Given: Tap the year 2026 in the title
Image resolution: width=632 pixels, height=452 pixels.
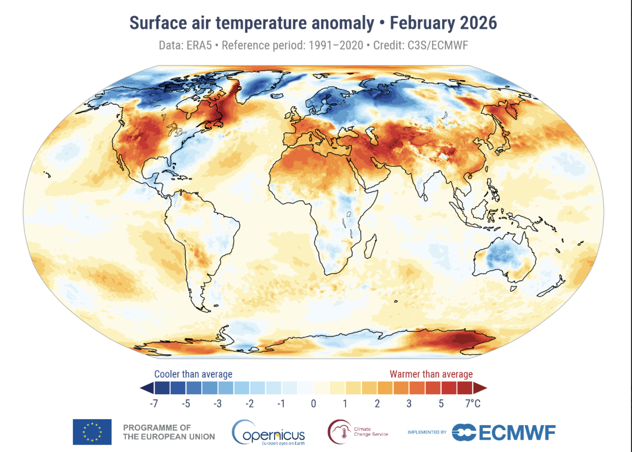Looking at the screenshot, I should (478, 23).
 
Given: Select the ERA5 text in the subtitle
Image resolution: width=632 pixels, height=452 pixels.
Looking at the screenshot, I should (199, 45).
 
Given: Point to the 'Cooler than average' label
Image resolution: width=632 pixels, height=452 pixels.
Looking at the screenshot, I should (193, 374).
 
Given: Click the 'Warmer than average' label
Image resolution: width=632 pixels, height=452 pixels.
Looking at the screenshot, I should (431, 374).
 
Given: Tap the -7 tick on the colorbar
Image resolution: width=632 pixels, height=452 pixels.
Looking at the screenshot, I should (154, 403).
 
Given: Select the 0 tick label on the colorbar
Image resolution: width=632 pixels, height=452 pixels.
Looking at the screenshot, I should (313, 403).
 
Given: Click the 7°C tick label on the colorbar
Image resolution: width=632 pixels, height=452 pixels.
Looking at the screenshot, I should (473, 403).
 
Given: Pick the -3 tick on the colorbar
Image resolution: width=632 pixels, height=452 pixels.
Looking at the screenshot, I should (217, 403).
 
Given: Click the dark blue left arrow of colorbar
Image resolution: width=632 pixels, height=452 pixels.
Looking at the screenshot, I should (147, 388).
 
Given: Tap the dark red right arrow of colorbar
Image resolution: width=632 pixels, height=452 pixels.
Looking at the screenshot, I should (480, 388).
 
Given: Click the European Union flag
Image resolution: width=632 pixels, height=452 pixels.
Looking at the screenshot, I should (92, 432).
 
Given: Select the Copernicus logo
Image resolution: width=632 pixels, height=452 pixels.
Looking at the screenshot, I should (268, 433).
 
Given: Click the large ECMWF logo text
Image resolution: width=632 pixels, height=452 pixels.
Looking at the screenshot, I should (517, 432).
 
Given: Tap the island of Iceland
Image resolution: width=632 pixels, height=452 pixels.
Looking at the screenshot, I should (277, 96).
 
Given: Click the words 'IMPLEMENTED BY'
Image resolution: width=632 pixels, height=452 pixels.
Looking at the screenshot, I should (427, 432).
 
